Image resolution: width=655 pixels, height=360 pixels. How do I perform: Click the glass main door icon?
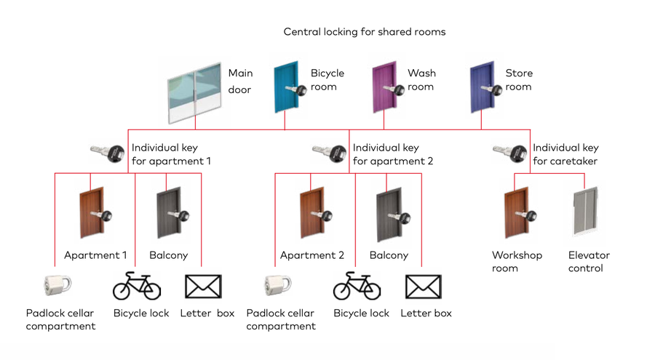[x=194, y=93]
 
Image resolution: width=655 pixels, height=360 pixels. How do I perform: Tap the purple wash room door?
[x=384, y=88]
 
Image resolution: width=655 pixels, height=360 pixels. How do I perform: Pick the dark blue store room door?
[x=481, y=88]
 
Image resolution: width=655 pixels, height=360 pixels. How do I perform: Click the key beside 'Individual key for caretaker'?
[x=509, y=153]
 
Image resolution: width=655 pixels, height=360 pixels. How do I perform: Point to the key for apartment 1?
[x=107, y=153]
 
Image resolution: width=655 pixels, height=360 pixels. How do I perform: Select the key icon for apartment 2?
[x=328, y=153]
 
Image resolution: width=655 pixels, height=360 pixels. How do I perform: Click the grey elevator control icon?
[x=587, y=212]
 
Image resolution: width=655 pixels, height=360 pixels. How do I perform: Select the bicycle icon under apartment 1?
[x=137, y=286]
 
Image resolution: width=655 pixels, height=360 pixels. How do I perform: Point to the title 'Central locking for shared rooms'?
[x=364, y=32]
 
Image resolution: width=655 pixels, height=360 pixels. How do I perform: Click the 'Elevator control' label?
[x=589, y=262]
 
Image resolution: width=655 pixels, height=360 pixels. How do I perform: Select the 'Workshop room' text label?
[x=517, y=262]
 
